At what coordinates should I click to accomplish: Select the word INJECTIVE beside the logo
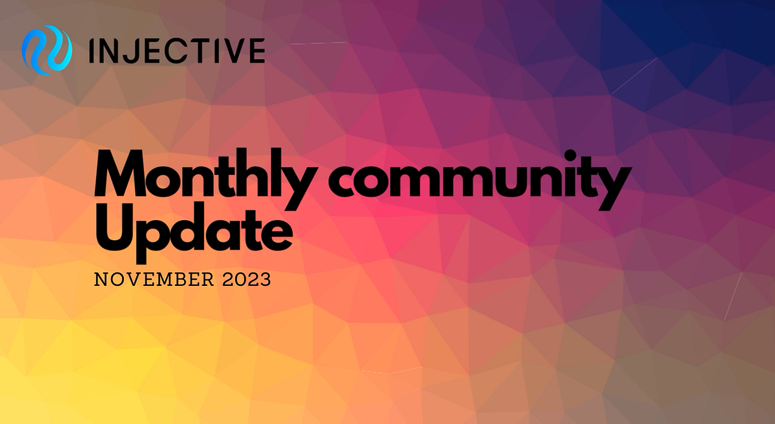coord(176,50)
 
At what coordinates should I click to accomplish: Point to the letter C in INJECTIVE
coord(174,50)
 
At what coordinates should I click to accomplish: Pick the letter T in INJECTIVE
coord(197,50)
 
